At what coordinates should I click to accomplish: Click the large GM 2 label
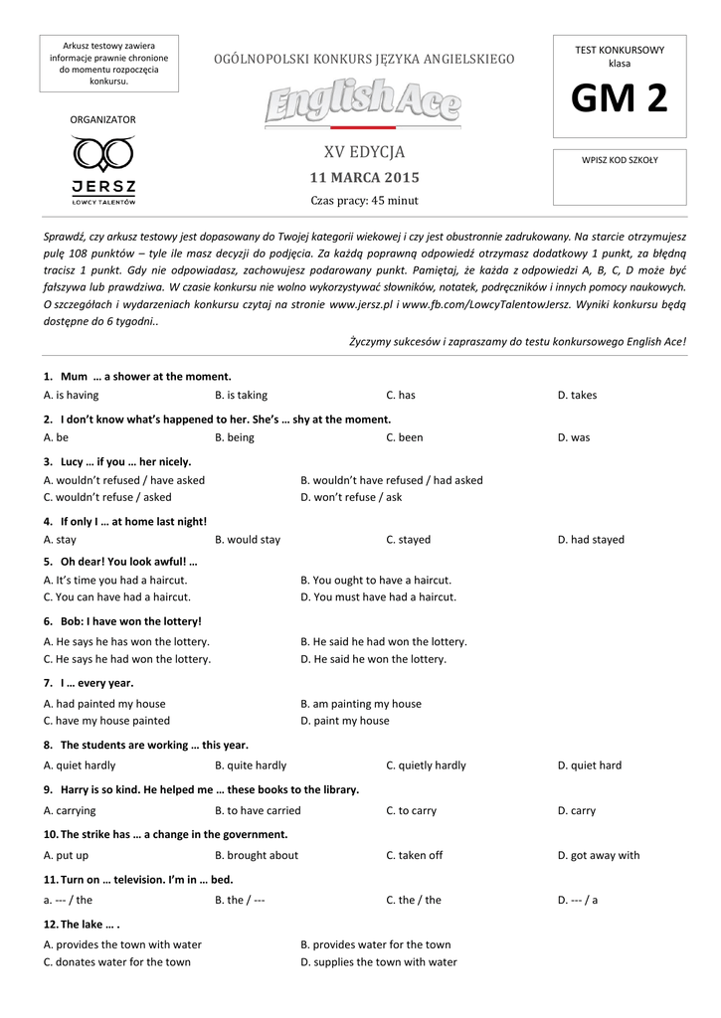tap(619, 99)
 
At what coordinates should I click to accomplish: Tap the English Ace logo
tap(363, 102)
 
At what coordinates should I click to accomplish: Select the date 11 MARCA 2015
tap(364, 178)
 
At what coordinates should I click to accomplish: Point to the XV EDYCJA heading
tap(364, 153)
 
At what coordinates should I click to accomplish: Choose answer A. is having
tap(72, 395)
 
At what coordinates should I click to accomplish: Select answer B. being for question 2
tap(235, 437)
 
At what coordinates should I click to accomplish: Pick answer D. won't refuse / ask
tap(351, 497)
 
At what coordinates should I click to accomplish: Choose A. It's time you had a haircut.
tap(115, 580)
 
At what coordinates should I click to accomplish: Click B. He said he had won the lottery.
tap(383, 642)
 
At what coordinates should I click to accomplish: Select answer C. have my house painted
tap(106, 721)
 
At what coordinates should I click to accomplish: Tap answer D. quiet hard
tap(589, 765)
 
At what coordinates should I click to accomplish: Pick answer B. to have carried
tap(258, 810)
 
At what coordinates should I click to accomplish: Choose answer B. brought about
tap(257, 855)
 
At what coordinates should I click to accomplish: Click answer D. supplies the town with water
tap(378, 962)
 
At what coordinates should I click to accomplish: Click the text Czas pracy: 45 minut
tap(364, 201)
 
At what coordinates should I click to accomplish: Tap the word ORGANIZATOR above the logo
tap(102, 119)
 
